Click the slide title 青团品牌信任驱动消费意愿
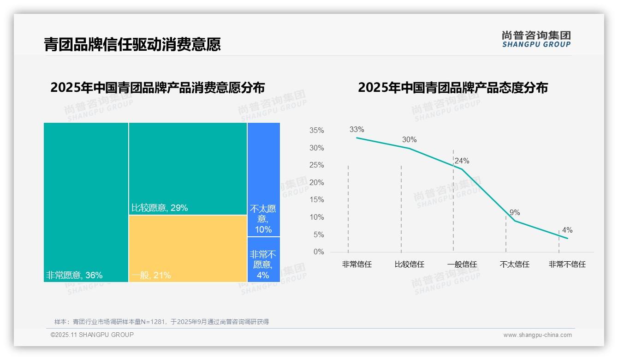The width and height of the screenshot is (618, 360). pyautogui.click(x=132, y=44)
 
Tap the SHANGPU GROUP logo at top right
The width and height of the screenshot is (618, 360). pyautogui.click(x=536, y=39)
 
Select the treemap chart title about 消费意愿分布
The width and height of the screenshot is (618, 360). pyautogui.click(x=157, y=88)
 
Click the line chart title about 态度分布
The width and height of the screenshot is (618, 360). pyautogui.click(x=452, y=88)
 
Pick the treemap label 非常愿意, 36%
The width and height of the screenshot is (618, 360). pyautogui.click(x=74, y=276)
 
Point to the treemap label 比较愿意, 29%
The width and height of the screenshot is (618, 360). pyautogui.click(x=160, y=208)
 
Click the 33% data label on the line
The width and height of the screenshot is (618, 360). pyautogui.click(x=357, y=130)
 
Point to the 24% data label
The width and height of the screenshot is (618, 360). pyautogui.click(x=462, y=161)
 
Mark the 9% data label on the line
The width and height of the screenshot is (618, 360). pyautogui.click(x=515, y=213)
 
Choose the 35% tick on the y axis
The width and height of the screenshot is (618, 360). pyautogui.click(x=316, y=131)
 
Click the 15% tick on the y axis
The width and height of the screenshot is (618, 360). pyautogui.click(x=316, y=200)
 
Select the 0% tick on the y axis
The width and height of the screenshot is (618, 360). pyautogui.click(x=319, y=252)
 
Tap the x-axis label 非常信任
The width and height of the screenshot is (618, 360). pyautogui.click(x=357, y=264)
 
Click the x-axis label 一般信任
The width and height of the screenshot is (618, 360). pyautogui.click(x=462, y=264)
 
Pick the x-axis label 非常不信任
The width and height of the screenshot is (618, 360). pyautogui.click(x=567, y=264)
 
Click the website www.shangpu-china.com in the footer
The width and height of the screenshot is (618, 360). pyautogui.click(x=537, y=335)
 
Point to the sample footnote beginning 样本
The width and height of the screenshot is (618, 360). pyautogui.click(x=161, y=322)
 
